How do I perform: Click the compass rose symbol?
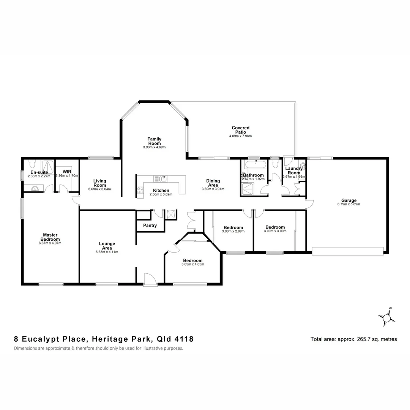(x=387, y=317)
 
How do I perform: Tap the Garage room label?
(x=348, y=200)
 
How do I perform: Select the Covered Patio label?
(x=240, y=130)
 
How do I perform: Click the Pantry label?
(x=150, y=225)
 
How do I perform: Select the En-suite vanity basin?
(x=35, y=188)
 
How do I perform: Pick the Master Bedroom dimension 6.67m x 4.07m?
(x=50, y=243)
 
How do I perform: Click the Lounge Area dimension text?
(x=107, y=252)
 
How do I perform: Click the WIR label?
(x=67, y=172)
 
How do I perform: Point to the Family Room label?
(x=155, y=141)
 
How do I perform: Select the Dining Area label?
(x=213, y=183)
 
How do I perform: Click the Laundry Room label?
(x=293, y=170)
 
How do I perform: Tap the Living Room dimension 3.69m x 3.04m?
(x=99, y=189)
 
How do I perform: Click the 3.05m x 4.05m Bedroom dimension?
(x=192, y=264)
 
